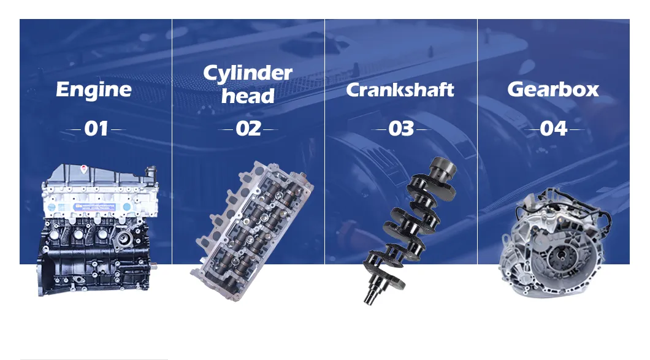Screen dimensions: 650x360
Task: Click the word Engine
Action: click(x=94, y=90)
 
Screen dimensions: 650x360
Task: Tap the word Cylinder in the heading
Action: click(x=248, y=73)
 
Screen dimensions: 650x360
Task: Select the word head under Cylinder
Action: click(x=248, y=96)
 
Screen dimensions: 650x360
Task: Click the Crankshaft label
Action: click(x=400, y=90)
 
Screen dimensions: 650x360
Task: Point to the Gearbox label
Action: click(x=553, y=89)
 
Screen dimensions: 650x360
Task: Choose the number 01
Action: click(x=96, y=129)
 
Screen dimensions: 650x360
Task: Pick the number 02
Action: click(x=248, y=129)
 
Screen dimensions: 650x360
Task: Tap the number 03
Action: click(x=401, y=129)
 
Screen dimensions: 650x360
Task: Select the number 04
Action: click(x=553, y=129)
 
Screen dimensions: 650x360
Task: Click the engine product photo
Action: click(x=98, y=231)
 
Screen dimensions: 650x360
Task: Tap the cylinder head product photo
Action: click(x=251, y=231)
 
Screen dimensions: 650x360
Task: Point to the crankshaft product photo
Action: click(x=409, y=230)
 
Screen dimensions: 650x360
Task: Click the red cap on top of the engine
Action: click(x=84, y=169)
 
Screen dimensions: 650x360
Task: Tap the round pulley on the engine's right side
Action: click(x=124, y=239)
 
